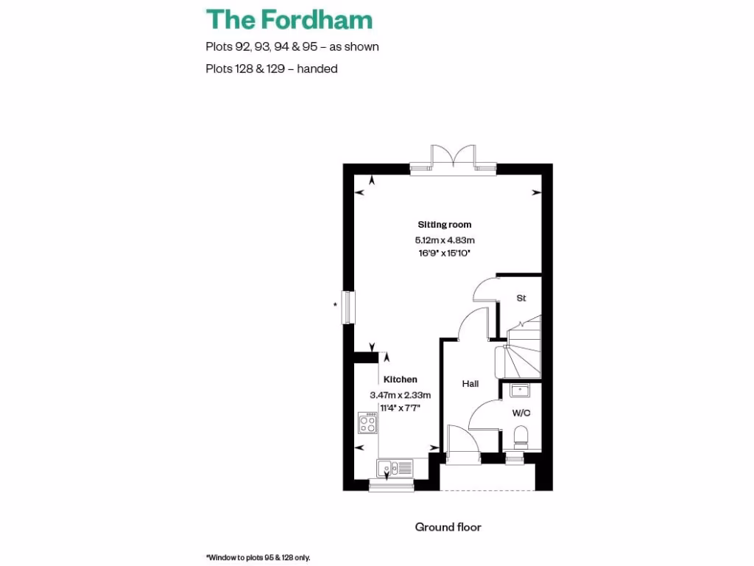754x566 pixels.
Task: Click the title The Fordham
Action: point(289,19)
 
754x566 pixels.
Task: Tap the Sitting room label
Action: point(444,225)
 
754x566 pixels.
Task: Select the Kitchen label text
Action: point(400,380)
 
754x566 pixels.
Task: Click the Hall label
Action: point(470,383)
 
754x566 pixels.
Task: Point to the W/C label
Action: point(521,413)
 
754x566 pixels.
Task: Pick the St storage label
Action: point(521,298)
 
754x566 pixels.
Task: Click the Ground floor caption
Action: point(448,527)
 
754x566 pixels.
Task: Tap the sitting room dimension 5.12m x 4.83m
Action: point(444,240)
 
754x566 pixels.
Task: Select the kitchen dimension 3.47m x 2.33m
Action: point(400,394)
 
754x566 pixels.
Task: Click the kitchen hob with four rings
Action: point(368,423)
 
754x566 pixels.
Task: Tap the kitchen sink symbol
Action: point(395,467)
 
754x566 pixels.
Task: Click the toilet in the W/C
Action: point(521,435)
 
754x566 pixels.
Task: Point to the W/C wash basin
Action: point(521,390)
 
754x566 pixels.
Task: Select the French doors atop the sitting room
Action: point(452,156)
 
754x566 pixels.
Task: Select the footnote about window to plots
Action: point(258,557)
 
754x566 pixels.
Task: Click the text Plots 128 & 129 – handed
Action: point(271,69)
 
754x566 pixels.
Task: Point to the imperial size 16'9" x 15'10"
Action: point(444,253)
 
